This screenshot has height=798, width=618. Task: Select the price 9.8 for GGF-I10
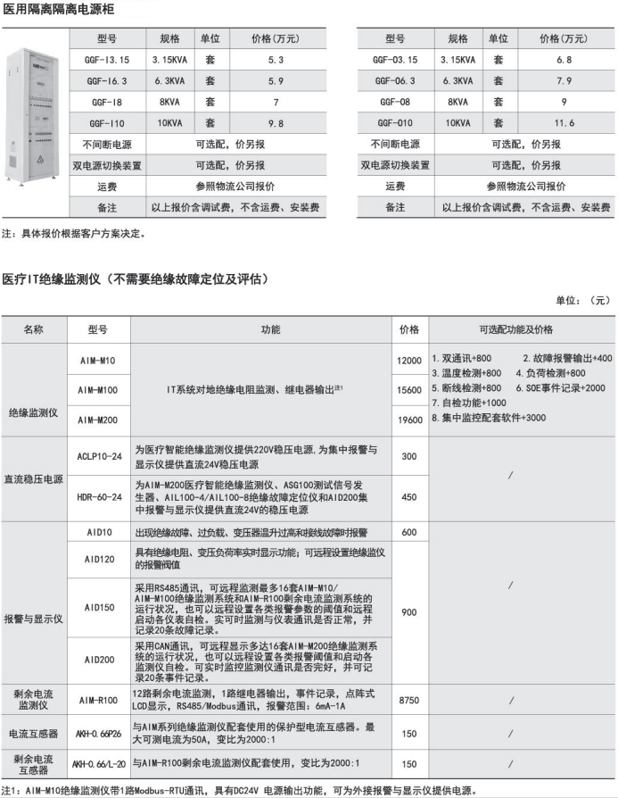tap(275, 122)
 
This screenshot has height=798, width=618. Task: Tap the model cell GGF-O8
tap(393, 102)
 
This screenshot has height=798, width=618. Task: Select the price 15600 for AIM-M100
tap(409, 390)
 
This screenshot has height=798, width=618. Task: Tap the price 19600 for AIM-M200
tap(409, 420)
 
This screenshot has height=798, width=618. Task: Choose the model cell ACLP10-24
tap(99, 455)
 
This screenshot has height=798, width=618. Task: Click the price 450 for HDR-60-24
tap(409, 496)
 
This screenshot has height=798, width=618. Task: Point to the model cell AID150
tap(99, 607)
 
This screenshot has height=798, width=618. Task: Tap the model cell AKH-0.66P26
tap(98, 734)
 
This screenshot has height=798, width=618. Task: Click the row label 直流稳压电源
tap(33, 478)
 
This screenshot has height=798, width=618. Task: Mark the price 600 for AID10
tap(409, 532)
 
